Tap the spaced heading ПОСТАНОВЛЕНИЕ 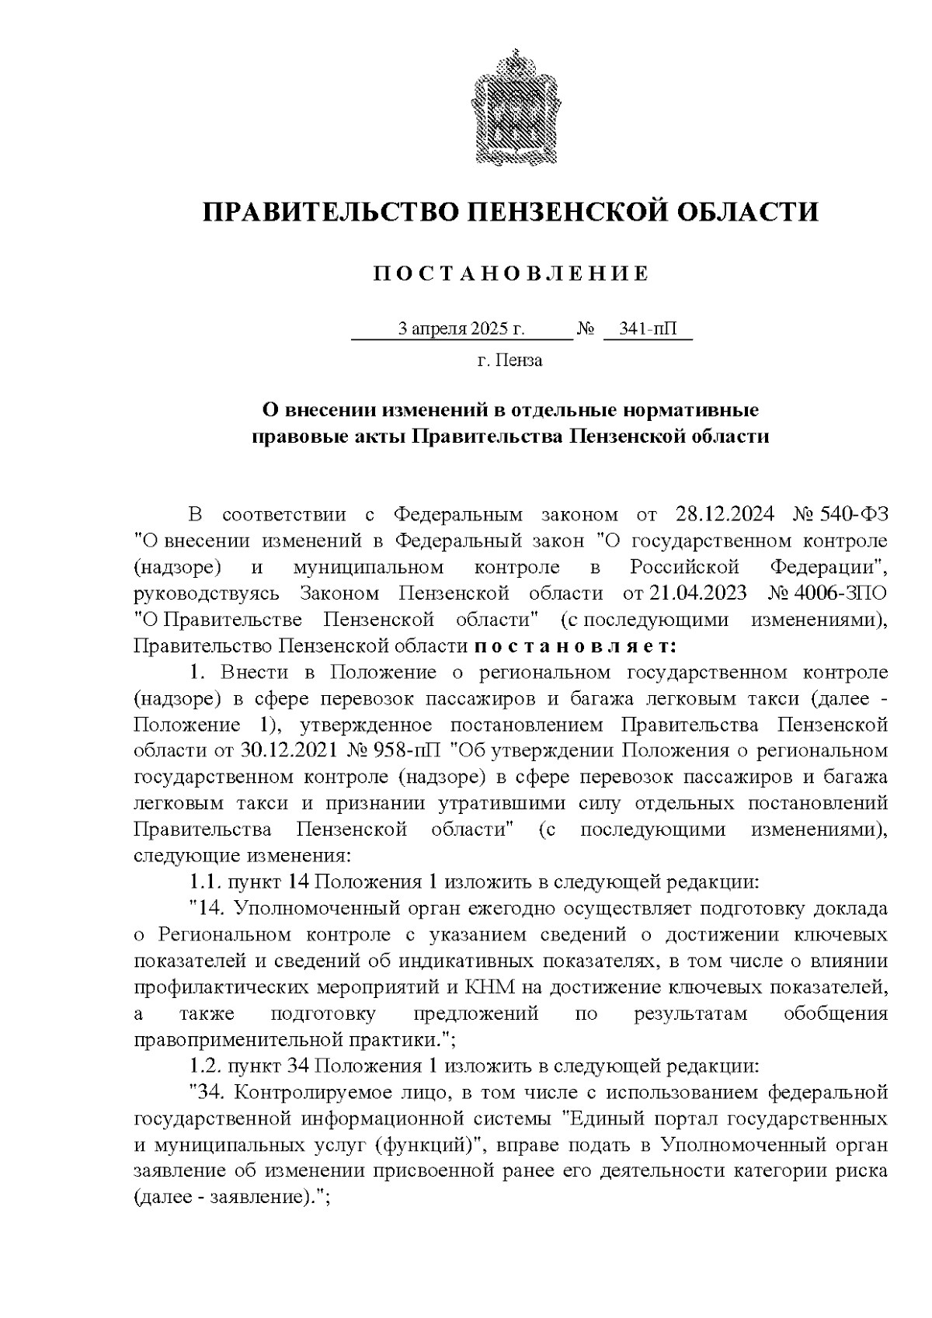pyautogui.click(x=510, y=274)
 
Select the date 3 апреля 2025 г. pyautogui.click(x=461, y=329)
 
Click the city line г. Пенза pyautogui.click(x=509, y=360)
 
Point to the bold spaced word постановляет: pyautogui.click(x=576, y=646)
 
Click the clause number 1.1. pyautogui.click(x=205, y=882)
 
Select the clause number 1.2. pyautogui.click(x=205, y=1065)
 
